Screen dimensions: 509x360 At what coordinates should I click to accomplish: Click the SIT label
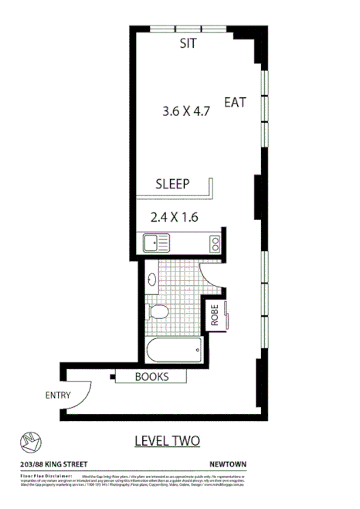point(188,44)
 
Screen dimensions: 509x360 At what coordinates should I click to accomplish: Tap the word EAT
point(235,102)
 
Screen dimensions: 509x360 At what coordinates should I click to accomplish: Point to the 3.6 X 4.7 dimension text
point(186,111)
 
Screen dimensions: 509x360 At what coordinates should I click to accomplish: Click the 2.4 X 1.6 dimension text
point(174,217)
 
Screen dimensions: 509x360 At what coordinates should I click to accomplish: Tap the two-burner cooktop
point(214,244)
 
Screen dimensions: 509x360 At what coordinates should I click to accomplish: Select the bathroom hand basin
point(152,279)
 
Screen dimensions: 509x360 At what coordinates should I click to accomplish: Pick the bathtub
point(175,350)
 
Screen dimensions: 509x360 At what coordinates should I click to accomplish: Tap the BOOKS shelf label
point(151,377)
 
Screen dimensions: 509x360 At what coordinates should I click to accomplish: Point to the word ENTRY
point(58,395)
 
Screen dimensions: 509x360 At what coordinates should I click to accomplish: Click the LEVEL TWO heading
point(167,441)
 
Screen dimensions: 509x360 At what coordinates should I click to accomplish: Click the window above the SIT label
point(188,29)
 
